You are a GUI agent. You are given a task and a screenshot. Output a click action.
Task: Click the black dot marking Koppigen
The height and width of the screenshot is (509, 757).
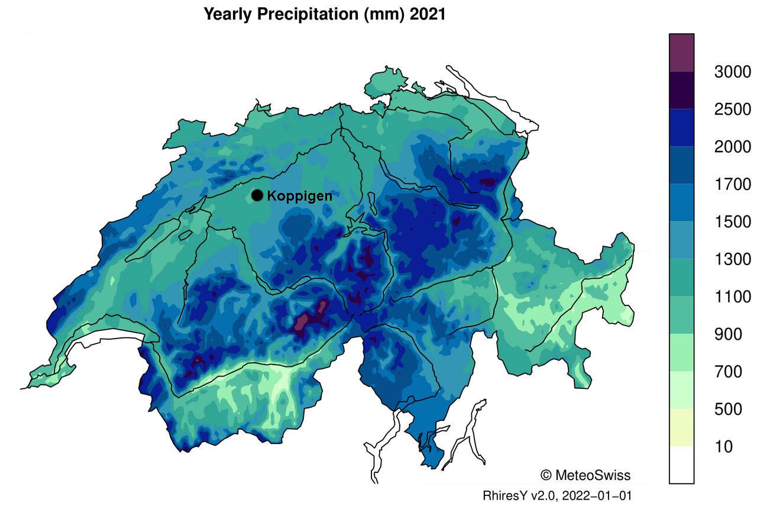tap(257, 195)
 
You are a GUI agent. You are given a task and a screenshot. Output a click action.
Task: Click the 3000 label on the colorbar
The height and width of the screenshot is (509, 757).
tap(732, 72)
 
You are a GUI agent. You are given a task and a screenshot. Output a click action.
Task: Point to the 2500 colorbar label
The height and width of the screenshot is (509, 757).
tap(732, 109)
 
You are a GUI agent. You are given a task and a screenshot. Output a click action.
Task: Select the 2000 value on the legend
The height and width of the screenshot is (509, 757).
tap(732, 147)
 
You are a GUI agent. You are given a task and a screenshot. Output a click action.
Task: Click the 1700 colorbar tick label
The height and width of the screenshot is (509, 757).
tap(732, 185)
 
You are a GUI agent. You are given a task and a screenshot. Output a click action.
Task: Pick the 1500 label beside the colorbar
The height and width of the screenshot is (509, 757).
tap(732, 222)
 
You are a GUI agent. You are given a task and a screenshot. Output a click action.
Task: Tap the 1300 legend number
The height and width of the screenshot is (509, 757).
tap(732, 259)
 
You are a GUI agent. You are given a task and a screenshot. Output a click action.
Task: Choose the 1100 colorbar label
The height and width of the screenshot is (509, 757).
tap(732, 297)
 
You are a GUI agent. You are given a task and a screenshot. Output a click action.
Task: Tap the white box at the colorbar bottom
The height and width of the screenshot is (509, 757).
tap(681, 465)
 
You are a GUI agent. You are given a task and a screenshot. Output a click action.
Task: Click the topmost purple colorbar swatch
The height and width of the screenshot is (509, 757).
tap(681, 53)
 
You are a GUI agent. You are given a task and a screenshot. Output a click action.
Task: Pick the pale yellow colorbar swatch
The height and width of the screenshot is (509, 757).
tap(681, 427)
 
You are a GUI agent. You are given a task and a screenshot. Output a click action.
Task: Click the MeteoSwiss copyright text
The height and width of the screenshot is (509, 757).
tap(585, 475)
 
